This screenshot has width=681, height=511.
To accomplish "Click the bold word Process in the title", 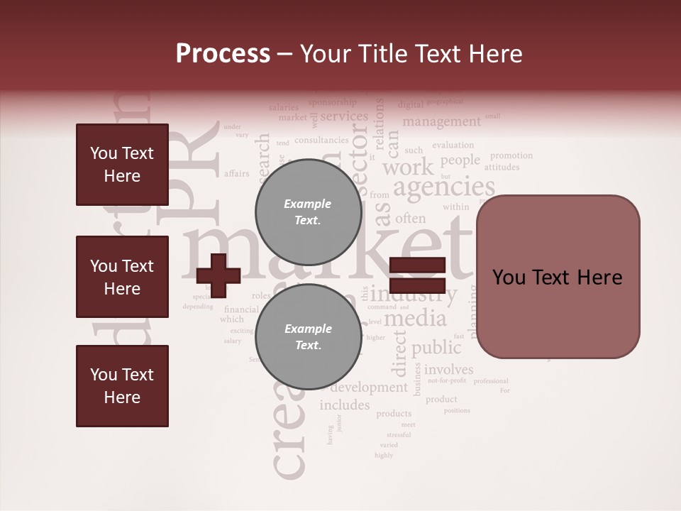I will point(223,54).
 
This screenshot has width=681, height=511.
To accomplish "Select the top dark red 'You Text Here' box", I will point(122,165).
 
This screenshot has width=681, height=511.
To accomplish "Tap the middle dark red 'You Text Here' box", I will point(122,277).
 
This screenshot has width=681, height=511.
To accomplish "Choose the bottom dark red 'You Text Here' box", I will point(122,386).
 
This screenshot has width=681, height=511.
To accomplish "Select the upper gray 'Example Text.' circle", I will point(308,211).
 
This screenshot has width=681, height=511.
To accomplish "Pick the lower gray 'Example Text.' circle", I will point(308,336).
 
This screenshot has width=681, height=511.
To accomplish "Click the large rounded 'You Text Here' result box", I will point(558,277).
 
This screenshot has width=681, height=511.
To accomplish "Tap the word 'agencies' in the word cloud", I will point(443,187).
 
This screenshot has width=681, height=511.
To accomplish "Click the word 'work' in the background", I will point(407,167).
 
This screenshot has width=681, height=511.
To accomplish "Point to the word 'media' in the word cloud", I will point(415,319).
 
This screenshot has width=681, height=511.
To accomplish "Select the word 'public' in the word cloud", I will point(436,348).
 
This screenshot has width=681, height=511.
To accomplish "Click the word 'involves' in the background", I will point(449,369).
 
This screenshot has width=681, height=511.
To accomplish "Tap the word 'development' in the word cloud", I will point(369,388).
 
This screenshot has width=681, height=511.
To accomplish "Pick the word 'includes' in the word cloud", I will point(345,405).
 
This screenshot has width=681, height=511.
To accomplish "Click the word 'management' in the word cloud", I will point(441,121).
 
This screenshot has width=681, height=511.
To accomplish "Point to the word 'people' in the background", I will point(460,160).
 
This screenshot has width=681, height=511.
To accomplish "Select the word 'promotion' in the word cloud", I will point(511,155).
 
